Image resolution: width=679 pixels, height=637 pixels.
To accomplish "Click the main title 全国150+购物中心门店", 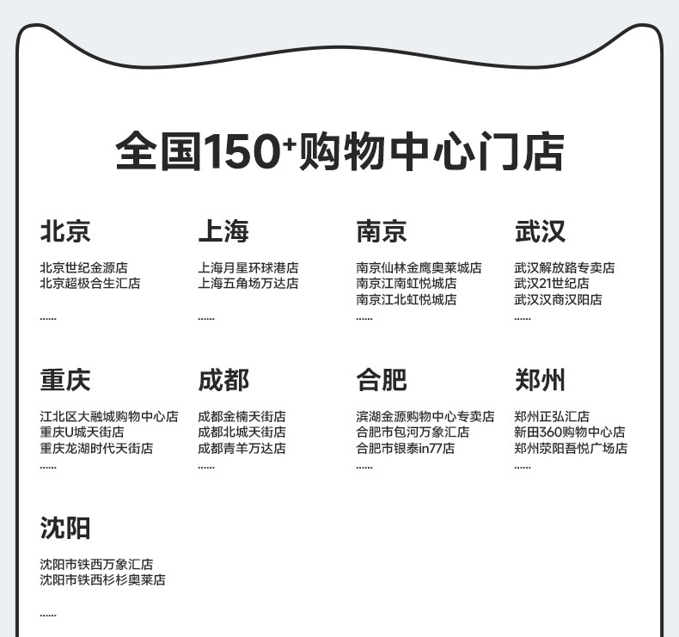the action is tap(339, 152).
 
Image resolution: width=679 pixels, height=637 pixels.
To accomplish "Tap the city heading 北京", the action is tap(65, 231).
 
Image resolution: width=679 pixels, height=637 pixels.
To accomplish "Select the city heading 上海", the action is tap(223, 231).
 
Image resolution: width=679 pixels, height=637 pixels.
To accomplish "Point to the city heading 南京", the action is tap(382, 231).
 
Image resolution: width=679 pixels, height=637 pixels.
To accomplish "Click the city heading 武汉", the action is tap(540, 231).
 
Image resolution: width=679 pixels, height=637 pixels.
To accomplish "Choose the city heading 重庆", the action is tap(65, 380).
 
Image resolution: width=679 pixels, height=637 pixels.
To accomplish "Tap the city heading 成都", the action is tap(223, 380).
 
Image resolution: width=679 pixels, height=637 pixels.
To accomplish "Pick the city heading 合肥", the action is tap(382, 380).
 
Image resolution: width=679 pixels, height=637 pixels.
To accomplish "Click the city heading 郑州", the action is tap(540, 380).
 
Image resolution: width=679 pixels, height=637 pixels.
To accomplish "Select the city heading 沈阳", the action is tap(65, 528).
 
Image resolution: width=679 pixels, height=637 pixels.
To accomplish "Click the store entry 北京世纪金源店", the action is tap(83, 268).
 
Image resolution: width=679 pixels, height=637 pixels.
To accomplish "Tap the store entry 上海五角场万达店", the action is tap(248, 284).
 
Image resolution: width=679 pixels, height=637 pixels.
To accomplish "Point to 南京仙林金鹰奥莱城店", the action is tap(419, 268).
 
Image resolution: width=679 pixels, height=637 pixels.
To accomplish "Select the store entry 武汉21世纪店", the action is tap(552, 284).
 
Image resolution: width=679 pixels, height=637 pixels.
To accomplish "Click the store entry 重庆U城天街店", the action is tap(82, 432).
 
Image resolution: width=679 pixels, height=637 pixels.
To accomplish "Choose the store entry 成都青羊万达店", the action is tap(242, 448).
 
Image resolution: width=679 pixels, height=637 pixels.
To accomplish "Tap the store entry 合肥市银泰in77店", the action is tap(406, 448).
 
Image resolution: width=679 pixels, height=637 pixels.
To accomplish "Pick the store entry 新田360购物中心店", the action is tap(570, 432).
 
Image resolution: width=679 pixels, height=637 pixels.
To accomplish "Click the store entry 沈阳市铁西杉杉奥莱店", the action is tap(102, 580).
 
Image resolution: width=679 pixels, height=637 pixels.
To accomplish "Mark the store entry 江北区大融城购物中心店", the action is tap(109, 417).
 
